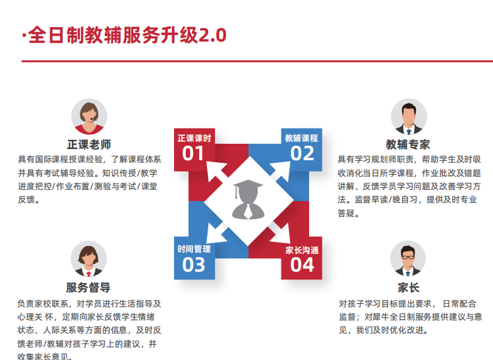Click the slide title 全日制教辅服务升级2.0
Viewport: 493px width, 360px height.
coord(127,35)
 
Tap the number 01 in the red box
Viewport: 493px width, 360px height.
coord(193,154)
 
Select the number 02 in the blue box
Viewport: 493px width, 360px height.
coord(302,154)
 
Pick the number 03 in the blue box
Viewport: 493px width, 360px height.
coord(194,265)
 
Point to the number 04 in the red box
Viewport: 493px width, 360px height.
coord(302,265)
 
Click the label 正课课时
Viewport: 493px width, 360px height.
coord(194,138)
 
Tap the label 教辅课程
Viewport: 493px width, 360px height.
coord(301,138)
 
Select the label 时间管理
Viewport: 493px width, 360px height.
coord(194,249)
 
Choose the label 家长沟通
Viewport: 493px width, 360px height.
coord(302,251)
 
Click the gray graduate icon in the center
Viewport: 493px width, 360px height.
coord(248,199)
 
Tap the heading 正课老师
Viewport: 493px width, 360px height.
coord(89,144)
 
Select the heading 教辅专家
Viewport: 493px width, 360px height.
coord(408,144)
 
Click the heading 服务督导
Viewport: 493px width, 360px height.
coord(88,287)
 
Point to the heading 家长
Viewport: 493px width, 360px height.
coord(409,287)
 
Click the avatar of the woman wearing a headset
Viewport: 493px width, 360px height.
coord(89,117)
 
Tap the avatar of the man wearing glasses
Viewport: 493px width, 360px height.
coord(408,258)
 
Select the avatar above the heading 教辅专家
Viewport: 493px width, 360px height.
coord(409,117)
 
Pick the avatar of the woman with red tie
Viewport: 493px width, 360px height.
coord(89,258)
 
